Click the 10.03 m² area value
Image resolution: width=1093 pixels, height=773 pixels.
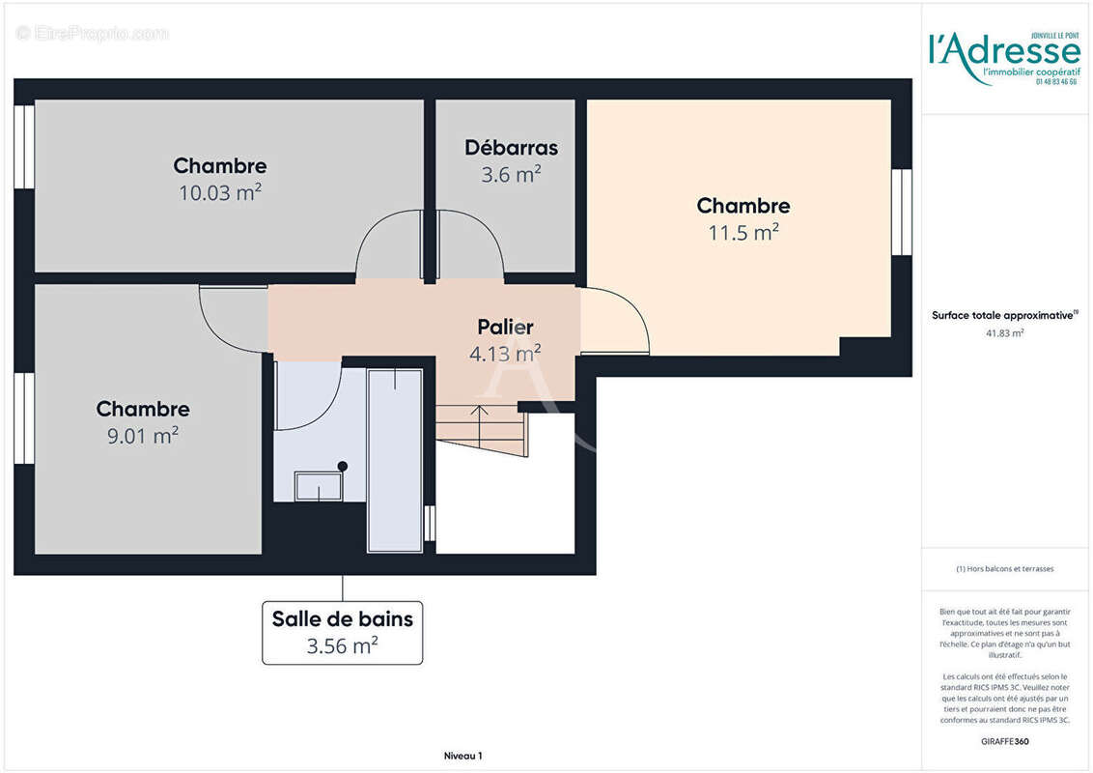[220, 192]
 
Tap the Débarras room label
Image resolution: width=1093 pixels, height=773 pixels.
[511, 148]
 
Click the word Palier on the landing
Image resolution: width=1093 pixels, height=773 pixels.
[505, 328]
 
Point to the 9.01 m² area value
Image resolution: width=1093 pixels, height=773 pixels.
[143, 436]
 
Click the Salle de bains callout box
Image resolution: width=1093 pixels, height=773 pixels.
[342, 632]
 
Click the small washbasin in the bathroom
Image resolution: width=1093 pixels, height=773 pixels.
[318, 486]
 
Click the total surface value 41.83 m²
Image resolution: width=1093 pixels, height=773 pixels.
[1004, 332]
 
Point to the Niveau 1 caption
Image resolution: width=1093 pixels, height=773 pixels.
[462, 756]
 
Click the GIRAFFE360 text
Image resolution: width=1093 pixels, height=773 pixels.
[1004, 741]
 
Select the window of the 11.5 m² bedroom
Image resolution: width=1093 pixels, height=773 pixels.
[901, 212]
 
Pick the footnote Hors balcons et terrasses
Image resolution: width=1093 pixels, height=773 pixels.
[1004, 569]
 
